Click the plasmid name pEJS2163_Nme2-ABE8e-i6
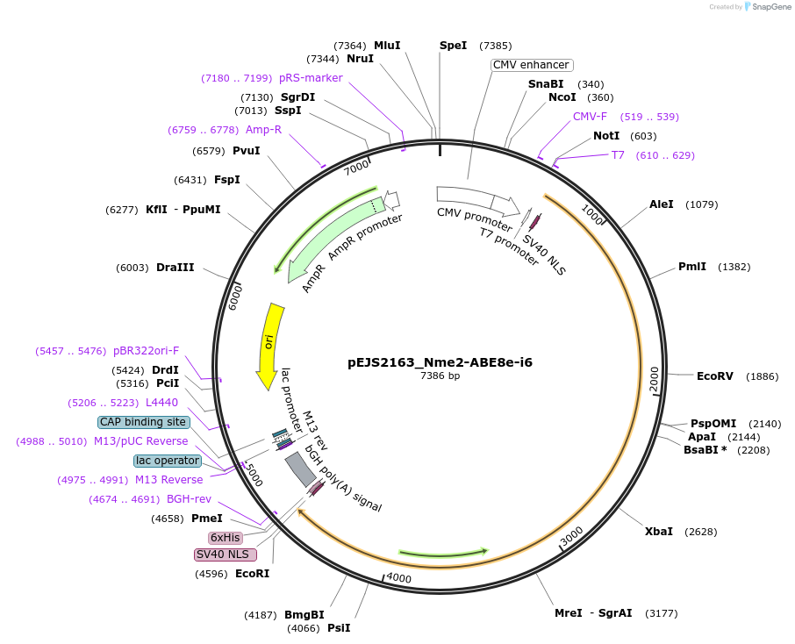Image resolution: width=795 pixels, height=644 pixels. (440, 361)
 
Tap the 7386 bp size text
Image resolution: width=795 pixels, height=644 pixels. (440, 376)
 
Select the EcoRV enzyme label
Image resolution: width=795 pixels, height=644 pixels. (714, 376)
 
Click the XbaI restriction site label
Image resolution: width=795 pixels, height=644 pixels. (658, 532)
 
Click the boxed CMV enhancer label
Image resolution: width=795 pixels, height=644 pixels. (531, 65)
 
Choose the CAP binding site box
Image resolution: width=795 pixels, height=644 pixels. (143, 422)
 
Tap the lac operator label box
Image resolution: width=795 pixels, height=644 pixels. (167, 461)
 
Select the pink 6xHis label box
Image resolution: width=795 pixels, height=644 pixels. (225, 537)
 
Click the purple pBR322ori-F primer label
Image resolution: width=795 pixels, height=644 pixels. (146, 351)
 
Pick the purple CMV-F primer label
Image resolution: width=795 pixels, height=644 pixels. (590, 117)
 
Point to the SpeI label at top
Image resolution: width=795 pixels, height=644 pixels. (453, 46)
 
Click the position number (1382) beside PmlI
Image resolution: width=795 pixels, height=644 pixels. (734, 267)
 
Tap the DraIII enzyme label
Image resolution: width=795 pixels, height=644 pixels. (175, 268)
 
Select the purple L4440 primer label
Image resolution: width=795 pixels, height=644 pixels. (161, 403)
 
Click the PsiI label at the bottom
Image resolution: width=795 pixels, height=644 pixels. (339, 628)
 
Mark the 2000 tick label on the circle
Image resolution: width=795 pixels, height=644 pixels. (655, 381)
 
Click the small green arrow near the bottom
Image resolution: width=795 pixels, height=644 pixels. (443, 553)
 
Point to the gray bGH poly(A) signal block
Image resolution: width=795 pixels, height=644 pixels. (300, 470)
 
